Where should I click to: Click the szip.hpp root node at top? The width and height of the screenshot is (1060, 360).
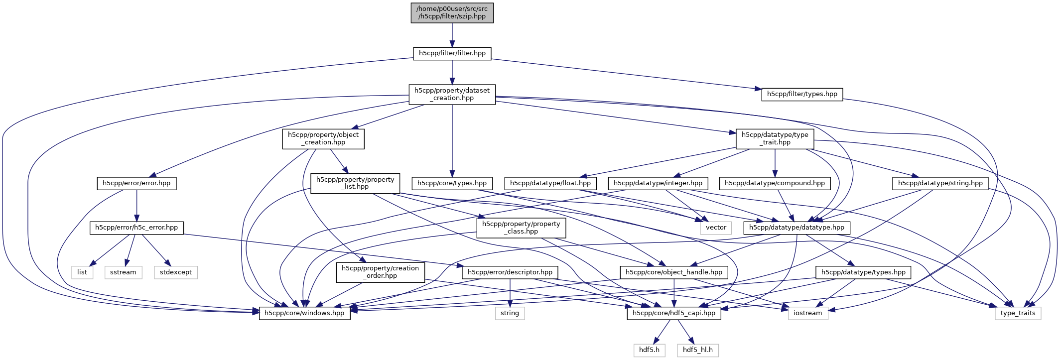click(452, 12)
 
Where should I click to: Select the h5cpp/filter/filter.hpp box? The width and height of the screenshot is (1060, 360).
click(452, 53)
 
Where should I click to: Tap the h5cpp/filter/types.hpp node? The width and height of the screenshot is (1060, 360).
click(801, 94)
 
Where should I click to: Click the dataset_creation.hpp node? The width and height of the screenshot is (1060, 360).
click(452, 94)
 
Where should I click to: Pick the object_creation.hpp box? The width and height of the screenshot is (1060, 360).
click(323, 138)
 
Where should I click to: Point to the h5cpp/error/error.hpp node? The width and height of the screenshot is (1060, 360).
click(136, 183)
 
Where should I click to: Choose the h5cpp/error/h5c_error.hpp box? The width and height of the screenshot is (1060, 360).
click(136, 228)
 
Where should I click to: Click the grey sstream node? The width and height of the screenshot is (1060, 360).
click(123, 272)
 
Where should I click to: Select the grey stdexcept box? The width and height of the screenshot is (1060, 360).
click(175, 272)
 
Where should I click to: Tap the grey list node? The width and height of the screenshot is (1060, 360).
click(82, 272)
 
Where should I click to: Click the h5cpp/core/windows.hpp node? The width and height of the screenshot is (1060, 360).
click(304, 313)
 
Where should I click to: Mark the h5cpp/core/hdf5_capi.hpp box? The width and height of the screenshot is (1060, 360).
click(673, 313)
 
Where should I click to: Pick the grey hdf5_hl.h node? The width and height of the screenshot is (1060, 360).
click(697, 350)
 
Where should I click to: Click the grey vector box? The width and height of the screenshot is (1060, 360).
click(716, 228)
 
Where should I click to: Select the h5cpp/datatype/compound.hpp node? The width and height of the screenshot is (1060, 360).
click(775, 183)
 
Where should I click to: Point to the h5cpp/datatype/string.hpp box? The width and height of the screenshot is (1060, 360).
click(940, 183)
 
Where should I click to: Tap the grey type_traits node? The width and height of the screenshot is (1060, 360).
click(1017, 313)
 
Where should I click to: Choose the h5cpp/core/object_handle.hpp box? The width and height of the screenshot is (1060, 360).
click(673, 272)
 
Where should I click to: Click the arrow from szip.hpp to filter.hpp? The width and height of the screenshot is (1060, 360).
click(452, 35)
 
